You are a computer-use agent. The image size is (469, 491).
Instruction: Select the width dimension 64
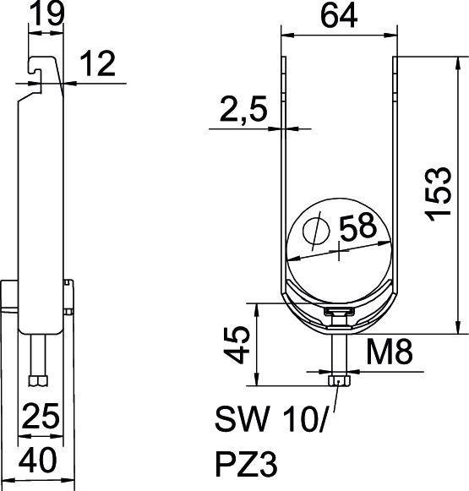point(338,14)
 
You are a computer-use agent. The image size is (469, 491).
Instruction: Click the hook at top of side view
point(39,72)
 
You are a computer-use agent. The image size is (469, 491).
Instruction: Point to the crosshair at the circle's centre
point(339,251)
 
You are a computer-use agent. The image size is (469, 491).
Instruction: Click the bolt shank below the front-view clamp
point(338,351)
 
